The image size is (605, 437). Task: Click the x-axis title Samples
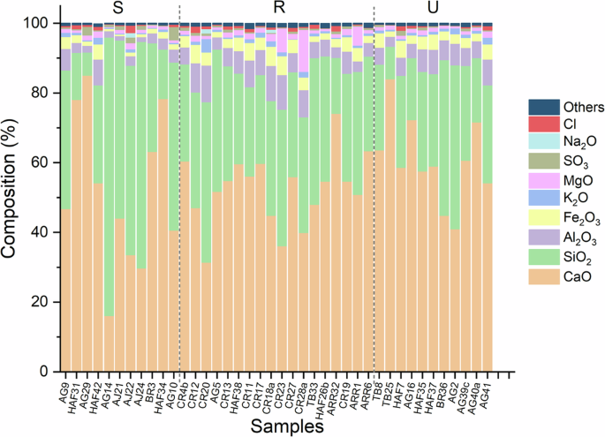point(286,426)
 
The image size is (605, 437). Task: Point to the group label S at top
point(117,8)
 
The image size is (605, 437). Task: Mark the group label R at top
point(278,8)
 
